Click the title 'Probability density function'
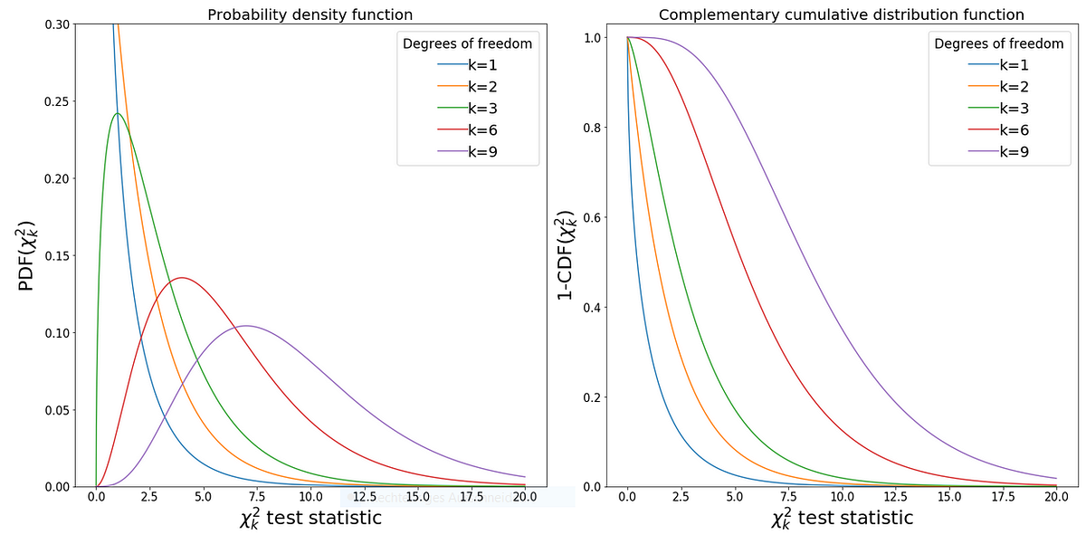click(310, 14)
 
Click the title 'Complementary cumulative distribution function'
click(842, 14)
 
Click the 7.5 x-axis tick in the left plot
click(257, 497)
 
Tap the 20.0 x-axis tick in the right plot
click(1056, 497)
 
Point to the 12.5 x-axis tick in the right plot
click(895, 497)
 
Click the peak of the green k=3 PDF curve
click(118, 113)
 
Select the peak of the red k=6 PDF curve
click(182, 277)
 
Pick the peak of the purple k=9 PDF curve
click(245, 325)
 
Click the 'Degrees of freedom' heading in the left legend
click(467, 43)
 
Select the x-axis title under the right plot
click(842, 518)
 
